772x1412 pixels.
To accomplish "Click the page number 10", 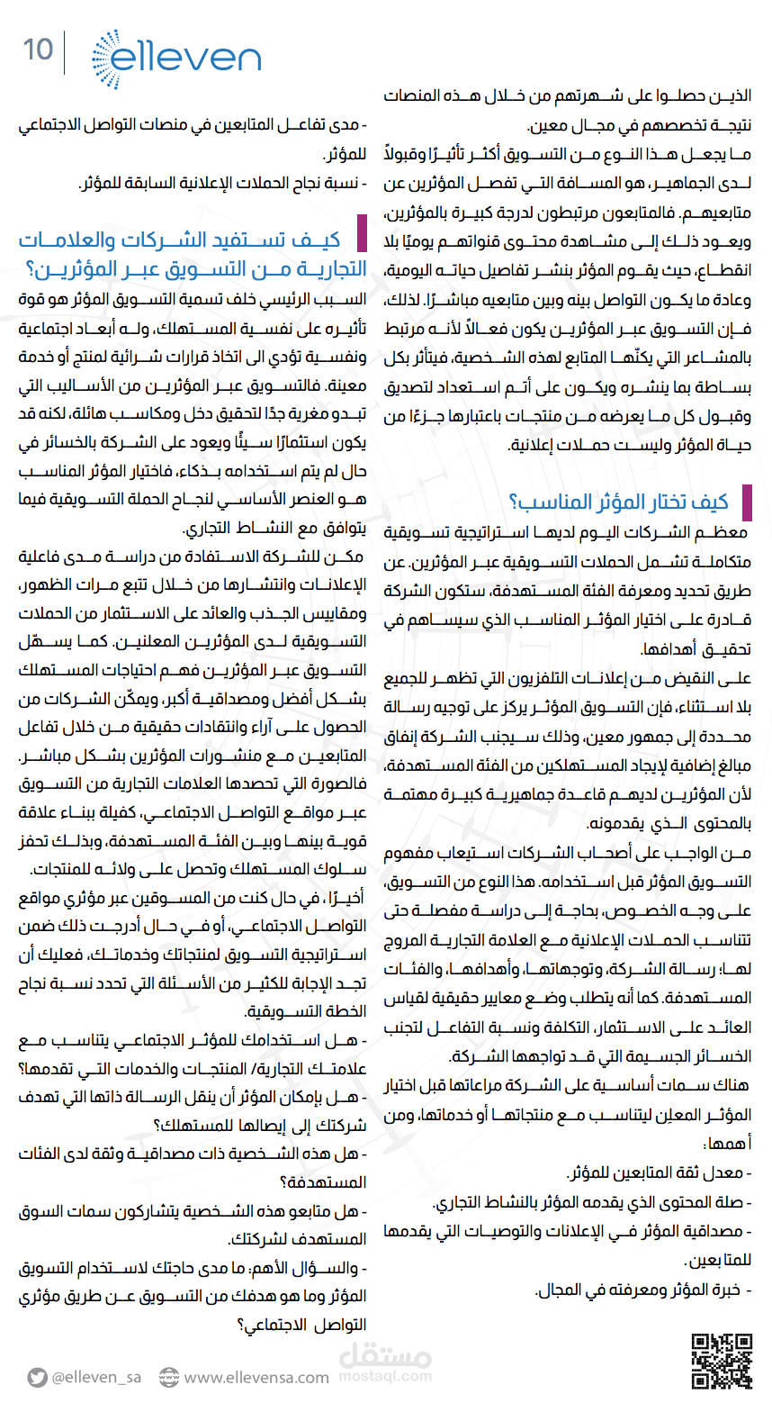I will click(38, 50).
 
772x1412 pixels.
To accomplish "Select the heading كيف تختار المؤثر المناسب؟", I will click(618, 502).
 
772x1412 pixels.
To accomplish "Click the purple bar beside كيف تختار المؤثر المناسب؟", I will click(746, 502).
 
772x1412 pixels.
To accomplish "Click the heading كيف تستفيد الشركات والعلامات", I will click(180, 240).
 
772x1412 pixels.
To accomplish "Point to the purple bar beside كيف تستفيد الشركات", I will click(362, 233).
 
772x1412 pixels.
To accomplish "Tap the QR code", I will click(722, 1360).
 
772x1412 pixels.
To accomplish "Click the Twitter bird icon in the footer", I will click(37, 1377).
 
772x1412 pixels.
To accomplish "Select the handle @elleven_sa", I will click(96, 1377).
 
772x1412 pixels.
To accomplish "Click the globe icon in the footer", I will click(169, 1377).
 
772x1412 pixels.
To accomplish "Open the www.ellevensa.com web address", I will click(256, 1377).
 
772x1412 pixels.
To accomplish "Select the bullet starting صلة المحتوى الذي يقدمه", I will click(589, 1202).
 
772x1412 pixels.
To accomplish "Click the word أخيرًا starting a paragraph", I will click(346, 898).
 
